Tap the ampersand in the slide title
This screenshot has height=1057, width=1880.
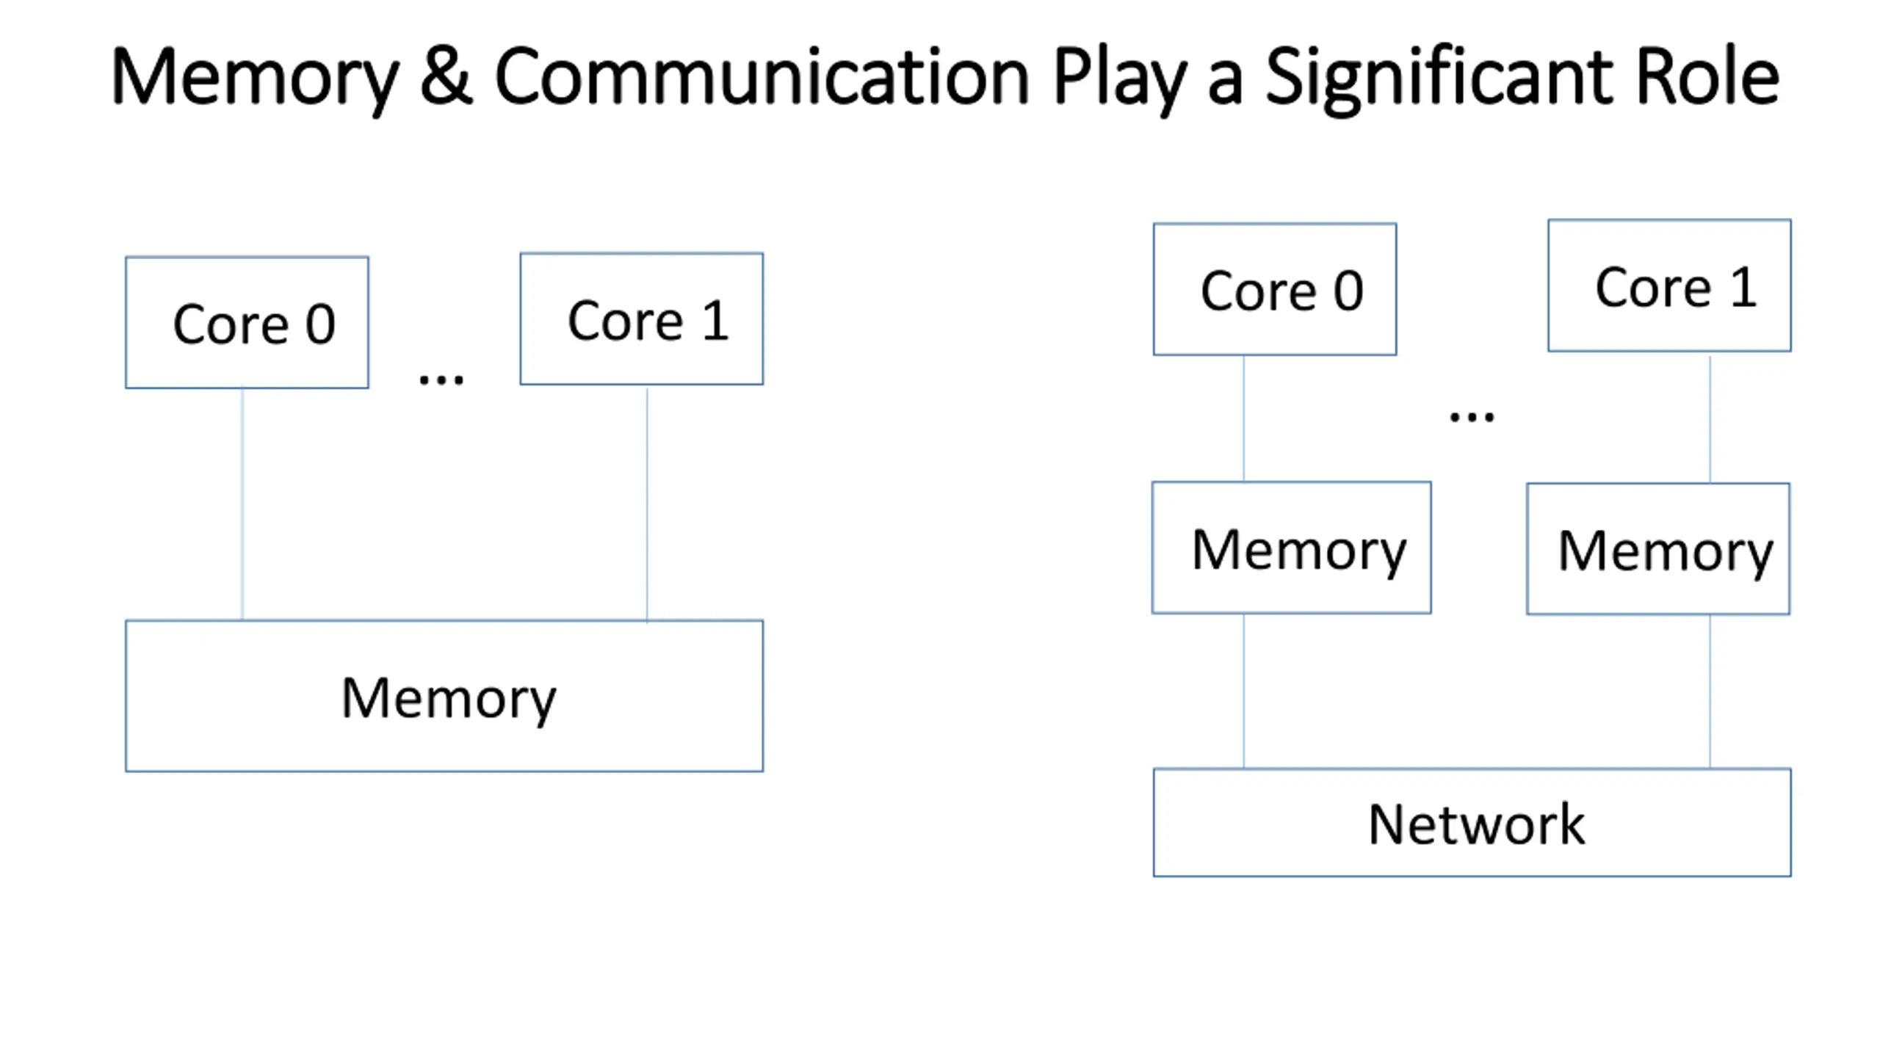tap(446, 76)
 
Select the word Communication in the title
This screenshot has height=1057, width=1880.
tap(762, 76)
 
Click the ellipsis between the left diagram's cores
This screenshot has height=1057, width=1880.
tap(441, 379)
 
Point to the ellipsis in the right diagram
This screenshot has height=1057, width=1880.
tap(1472, 418)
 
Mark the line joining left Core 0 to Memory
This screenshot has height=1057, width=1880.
tap(242, 504)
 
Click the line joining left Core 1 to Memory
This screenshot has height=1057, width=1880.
tap(647, 504)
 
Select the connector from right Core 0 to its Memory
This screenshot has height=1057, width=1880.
tap(1243, 418)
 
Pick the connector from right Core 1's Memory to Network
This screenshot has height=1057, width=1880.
tap(1710, 691)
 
